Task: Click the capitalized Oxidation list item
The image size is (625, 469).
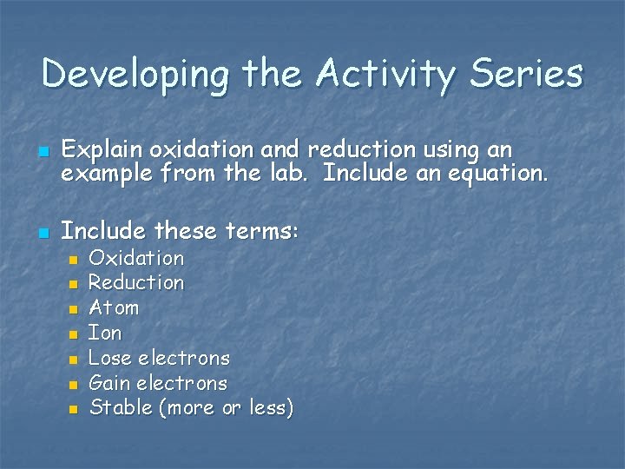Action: (x=136, y=258)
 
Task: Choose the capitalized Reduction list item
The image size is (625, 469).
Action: (x=136, y=283)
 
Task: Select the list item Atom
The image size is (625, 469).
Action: (x=114, y=308)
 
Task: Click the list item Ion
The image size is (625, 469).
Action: (x=105, y=333)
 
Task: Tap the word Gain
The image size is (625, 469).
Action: (x=109, y=383)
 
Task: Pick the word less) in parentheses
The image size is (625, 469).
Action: (x=271, y=407)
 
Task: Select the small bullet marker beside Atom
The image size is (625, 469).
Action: (x=74, y=309)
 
